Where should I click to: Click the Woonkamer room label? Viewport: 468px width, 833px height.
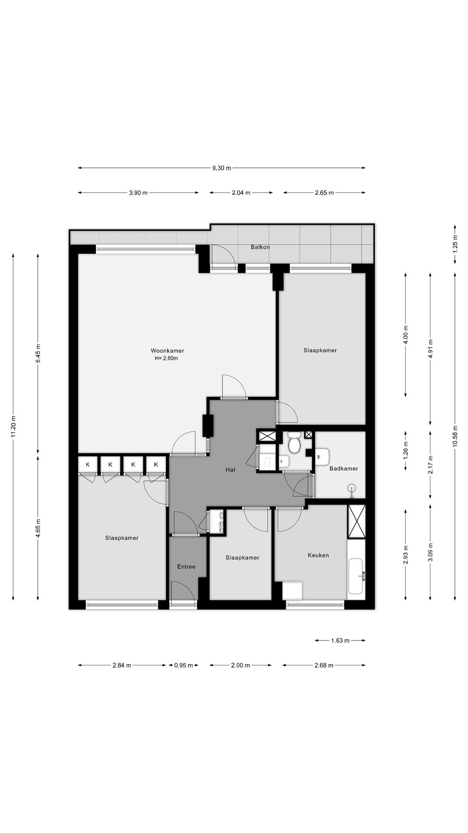[x=167, y=351]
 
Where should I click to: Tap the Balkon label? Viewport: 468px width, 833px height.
[x=260, y=247]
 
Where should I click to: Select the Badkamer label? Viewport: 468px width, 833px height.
[x=344, y=469]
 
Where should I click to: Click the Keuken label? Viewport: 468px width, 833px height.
[x=318, y=555]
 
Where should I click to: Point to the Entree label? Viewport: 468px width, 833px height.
[x=186, y=567]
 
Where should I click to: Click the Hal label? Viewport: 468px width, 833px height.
[x=230, y=469]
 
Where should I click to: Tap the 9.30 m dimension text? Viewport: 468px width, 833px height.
[x=221, y=168]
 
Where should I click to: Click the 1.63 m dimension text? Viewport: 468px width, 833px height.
[x=340, y=640]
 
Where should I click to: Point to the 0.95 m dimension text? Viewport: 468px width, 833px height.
[x=183, y=665]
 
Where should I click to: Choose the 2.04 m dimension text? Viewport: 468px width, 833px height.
[x=241, y=193]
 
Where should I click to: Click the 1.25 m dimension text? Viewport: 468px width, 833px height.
[x=455, y=243]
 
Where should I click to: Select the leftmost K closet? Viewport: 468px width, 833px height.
[x=88, y=464]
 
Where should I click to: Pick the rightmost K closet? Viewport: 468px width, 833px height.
[x=156, y=464]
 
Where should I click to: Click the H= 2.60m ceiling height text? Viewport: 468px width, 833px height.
[x=166, y=358]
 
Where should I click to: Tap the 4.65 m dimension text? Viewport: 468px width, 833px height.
[x=38, y=528]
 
